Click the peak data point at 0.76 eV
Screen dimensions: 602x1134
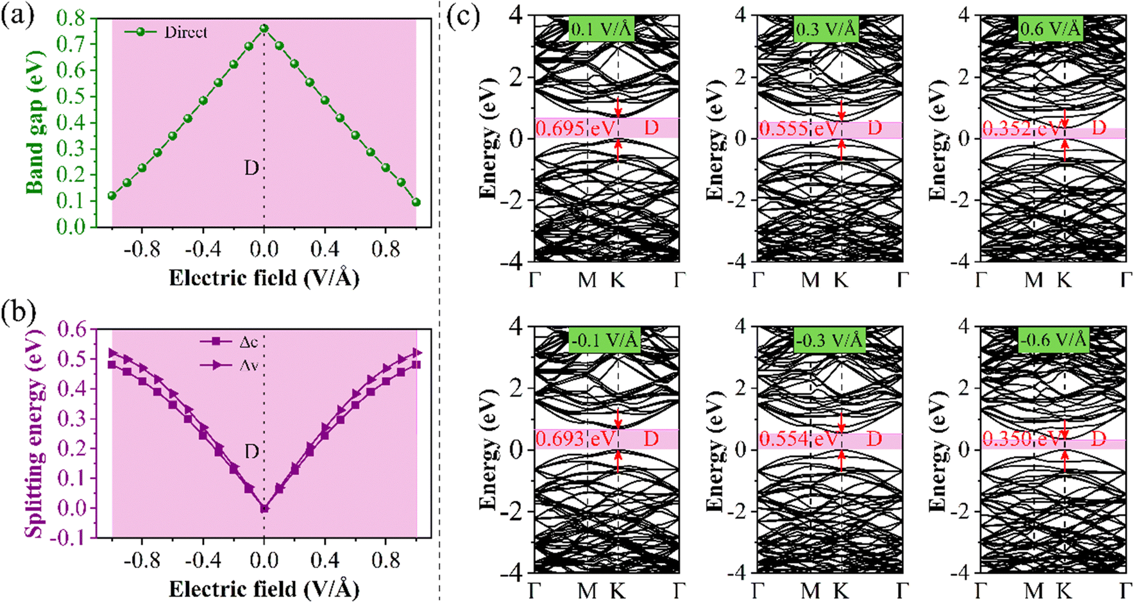point(264,29)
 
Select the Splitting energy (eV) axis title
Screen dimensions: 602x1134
point(35,433)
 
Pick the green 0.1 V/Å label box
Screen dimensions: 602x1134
point(601,29)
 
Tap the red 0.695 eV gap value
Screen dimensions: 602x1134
point(575,128)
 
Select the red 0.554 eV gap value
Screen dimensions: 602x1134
point(798,439)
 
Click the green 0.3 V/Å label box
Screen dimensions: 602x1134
point(826,29)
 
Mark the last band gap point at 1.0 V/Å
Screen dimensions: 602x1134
point(416,202)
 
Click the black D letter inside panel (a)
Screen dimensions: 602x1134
point(251,168)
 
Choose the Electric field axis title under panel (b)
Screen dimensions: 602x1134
point(264,589)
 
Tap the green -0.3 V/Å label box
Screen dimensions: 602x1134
point(829,340)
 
